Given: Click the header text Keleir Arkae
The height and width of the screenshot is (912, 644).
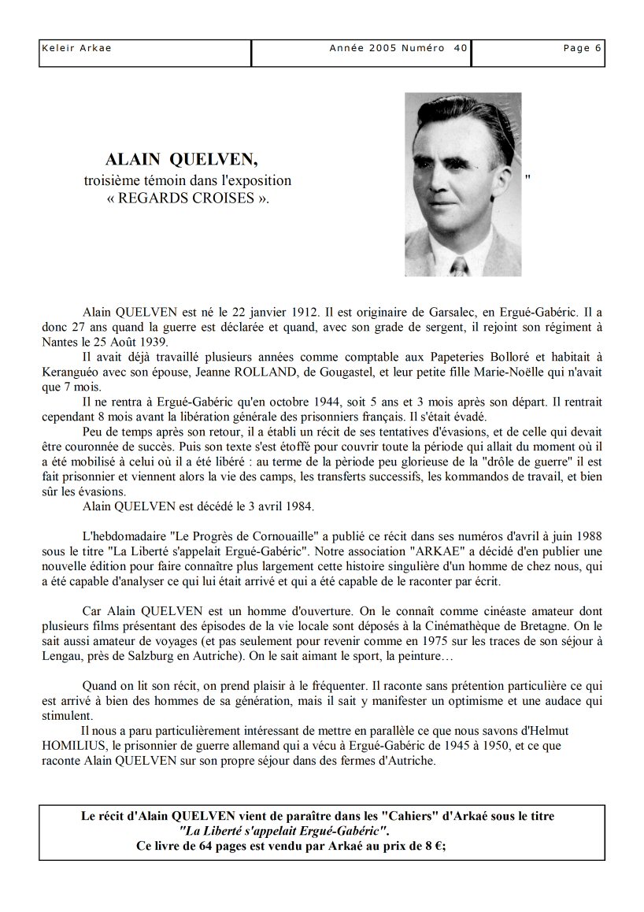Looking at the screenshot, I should (76, 48).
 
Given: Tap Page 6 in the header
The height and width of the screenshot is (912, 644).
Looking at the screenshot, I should (582, 48).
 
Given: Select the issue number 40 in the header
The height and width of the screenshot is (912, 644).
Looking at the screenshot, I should (461, 48).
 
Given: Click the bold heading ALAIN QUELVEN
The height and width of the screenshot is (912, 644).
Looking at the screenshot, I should (181, 160).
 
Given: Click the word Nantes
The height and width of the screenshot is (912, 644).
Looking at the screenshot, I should (61, 342).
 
